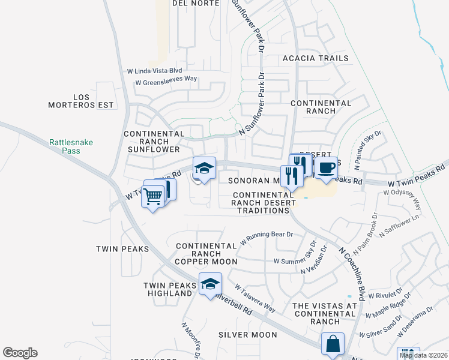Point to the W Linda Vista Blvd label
point(154,70)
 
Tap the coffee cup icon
point(326,168)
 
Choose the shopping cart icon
point(153,195)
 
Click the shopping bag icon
point(333,344)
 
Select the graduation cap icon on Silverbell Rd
point(210,284)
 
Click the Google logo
point(20,353)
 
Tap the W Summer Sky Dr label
point(295,261)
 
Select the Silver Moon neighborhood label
point(247,335)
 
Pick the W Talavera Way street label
point(254,299)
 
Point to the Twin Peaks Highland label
point(169,289)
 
